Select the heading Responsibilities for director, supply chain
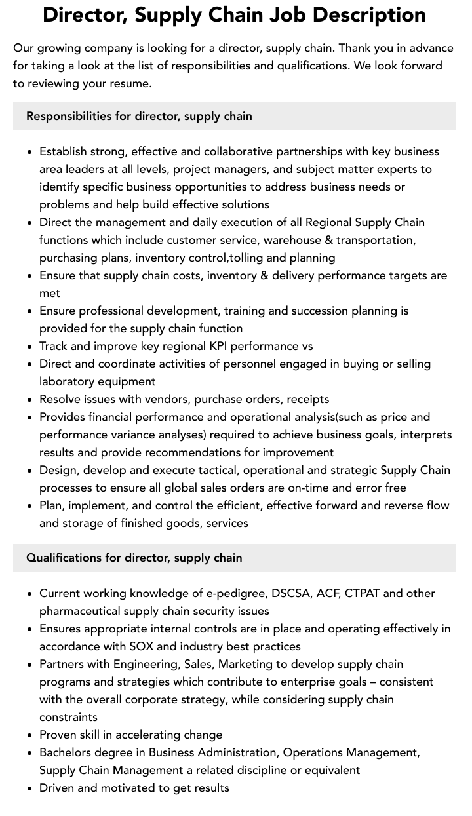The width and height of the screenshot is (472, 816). point(139,116)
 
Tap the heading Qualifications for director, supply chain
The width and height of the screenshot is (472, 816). point(134,558)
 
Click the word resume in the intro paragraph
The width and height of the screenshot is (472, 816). point(131,83)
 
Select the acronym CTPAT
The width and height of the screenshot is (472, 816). point(362,593)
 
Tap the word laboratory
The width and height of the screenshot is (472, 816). point(68,381)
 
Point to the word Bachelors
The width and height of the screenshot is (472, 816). point(67,752)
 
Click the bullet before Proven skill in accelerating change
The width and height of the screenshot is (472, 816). point(29,735)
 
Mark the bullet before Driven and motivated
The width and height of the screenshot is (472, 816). point(29,788)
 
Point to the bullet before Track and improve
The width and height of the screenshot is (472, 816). point(29,347)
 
